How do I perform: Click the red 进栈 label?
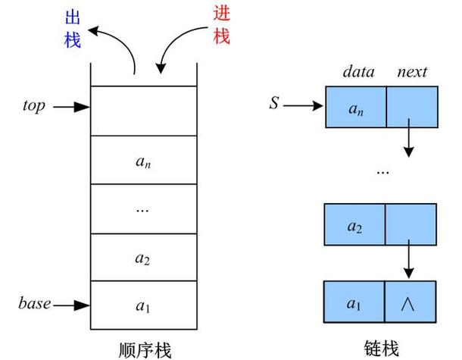point(221,24)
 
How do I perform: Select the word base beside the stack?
point(35,305)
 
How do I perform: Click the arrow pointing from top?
point(73,108)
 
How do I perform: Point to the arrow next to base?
point(73,305)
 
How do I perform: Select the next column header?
point(412,73)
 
